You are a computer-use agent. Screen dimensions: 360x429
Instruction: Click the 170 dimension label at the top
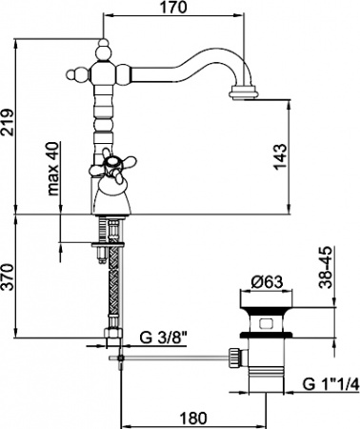tap(173, 8)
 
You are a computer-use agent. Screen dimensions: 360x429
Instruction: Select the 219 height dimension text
tap(8, 122)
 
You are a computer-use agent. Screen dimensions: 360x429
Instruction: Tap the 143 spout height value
tap(280, 157)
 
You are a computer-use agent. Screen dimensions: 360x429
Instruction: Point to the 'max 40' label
tap(53, 168)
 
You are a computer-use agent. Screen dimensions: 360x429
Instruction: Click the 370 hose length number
tap(8, 276)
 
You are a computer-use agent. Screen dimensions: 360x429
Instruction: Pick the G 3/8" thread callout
tap(163, 337)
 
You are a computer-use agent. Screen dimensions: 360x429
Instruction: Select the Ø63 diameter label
tap(267, 282)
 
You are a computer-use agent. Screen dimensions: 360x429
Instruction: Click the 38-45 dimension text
tap(326, 267)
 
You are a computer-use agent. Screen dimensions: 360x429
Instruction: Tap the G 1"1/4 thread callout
tap(330, 384)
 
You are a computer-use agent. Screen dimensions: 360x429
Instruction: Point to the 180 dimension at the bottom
tap(193, 418)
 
